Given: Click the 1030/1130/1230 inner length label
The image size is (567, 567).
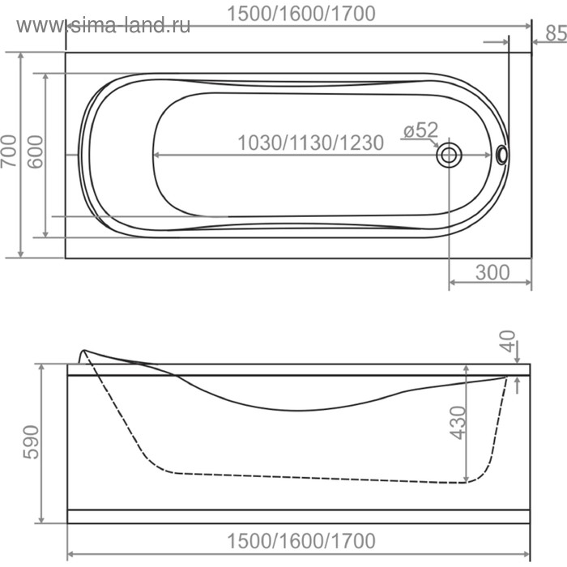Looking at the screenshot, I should [310, 143].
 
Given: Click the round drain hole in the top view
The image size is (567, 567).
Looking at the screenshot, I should [449, 155].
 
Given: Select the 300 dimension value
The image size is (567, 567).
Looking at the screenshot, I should [492, 272].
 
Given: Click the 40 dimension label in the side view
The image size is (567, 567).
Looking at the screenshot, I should [508, 345].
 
